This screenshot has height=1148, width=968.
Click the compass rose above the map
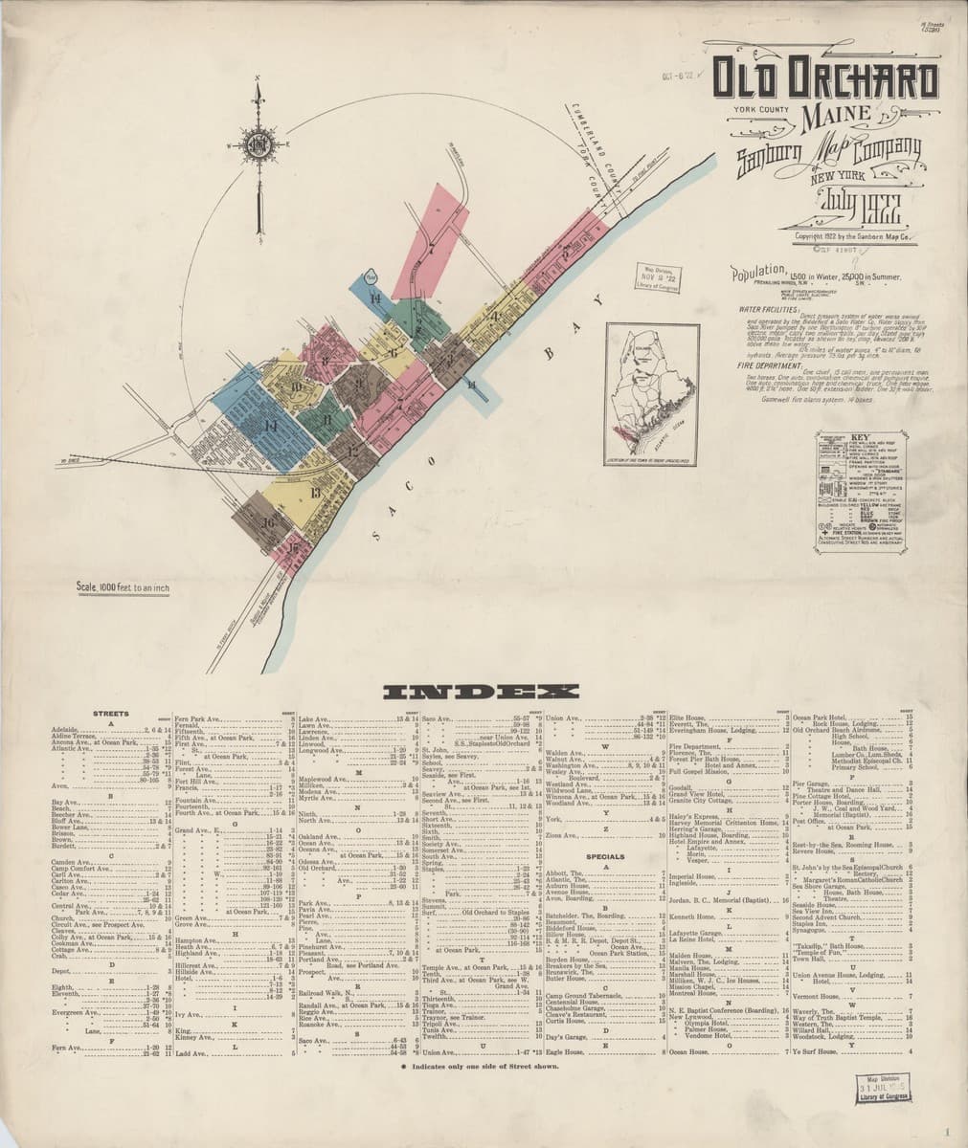click(259, 148)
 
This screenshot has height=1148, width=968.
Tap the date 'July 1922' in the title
click(829, 206)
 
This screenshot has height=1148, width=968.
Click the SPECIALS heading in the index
click(605, 857)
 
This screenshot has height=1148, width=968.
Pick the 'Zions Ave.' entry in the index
click(565, 835)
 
